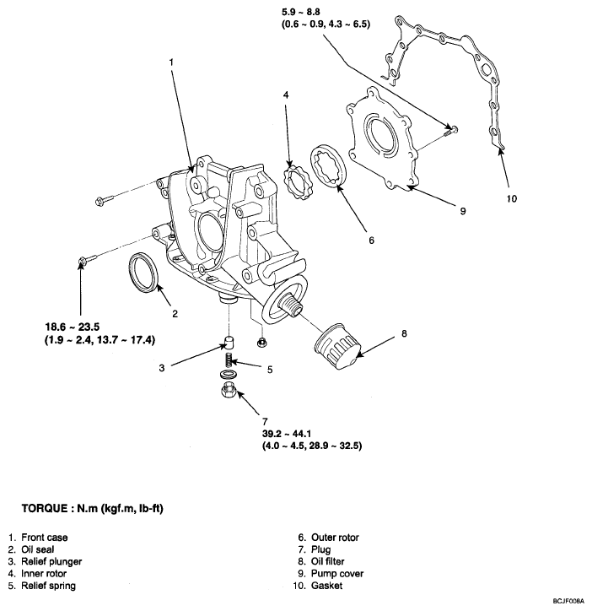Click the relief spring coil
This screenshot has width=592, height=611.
tap(229, 360)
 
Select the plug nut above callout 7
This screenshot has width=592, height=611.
tap(229, 390)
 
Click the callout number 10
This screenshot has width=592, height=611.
tap(513, 199)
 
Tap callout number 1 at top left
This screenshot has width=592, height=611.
tap(171, 62)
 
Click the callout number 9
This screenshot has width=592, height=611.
tap(463, 211)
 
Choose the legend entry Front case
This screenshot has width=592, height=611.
tap(46, 537)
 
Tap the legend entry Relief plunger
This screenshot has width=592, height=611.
tap(52, 561)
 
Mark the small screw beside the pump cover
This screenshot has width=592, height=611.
tap(450, 128)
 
